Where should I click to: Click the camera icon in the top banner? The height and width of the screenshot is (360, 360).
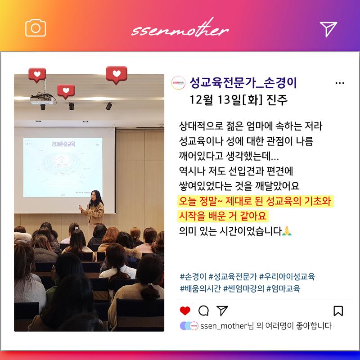tap(36, 28)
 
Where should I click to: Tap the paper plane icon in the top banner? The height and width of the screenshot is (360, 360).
tap(328, 29)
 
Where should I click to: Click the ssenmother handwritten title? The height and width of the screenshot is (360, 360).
tap(180, 29)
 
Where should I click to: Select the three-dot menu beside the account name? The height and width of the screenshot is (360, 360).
tap(340, 83)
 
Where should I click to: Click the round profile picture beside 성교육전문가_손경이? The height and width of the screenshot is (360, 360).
tap(178, 83)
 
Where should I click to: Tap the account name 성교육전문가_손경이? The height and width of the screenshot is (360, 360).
tap(243, 83)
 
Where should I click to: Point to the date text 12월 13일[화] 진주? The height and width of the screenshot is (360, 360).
tap(238, 100)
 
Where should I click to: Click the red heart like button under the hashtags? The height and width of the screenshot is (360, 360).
tap(185, 311)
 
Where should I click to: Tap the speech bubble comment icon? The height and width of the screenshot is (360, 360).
tap(203, 311)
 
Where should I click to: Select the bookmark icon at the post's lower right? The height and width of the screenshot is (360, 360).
tap(338, 311)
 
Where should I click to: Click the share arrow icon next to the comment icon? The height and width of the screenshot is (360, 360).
tap(222, 310)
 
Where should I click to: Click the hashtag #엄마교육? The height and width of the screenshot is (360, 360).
tap(283, 288)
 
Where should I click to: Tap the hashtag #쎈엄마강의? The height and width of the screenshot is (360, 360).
tap(243, 288)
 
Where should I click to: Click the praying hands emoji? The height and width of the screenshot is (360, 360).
tap(287, 231)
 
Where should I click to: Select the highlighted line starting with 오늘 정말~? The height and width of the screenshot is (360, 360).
tap(255, 201)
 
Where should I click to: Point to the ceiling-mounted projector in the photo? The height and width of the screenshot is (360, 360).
tap(43, 99)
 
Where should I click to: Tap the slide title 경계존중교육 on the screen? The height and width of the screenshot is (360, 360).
tap(63, 144)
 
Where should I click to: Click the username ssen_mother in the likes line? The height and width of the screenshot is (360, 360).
tap(223, 326)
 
